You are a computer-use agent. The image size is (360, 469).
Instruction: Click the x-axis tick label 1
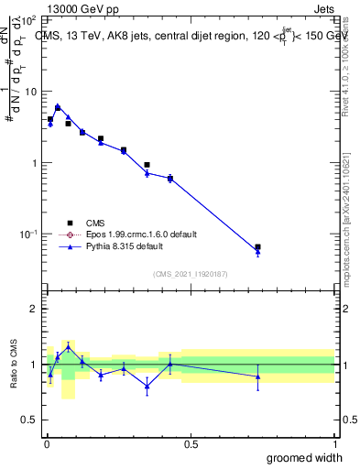click(334, 444)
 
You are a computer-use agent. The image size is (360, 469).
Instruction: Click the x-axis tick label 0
click(45, 444)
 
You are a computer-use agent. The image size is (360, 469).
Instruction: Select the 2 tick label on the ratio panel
click(33, 309)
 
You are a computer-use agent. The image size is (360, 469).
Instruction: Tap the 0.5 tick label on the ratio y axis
click(28, 421)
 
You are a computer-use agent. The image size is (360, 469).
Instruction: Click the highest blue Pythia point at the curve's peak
click(58, 106)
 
